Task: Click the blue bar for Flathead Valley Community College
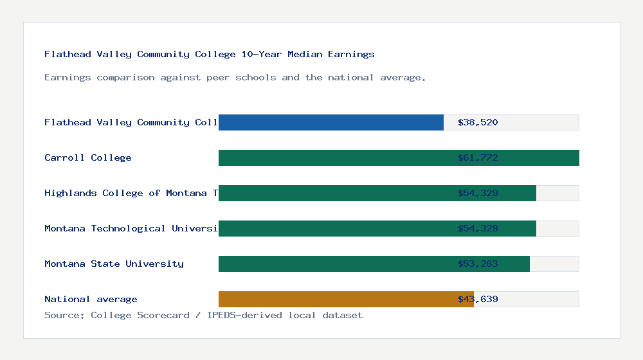click(x=331, y=122)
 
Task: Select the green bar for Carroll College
click(x=334, y=157)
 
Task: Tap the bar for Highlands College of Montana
click(x=334, y=193)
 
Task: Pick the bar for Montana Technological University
click(x=334, y=228)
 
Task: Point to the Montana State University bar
click(x=334, y=264)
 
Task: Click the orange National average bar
click(x=334, y=299)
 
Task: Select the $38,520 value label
click(x=478, y=122)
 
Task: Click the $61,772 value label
click(x=478, y=157)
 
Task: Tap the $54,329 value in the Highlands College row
click(x=478, y=193)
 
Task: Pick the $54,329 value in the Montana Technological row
click(x=478, y=228)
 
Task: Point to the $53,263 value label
click(x=478, y=264)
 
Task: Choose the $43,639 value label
click(x=478, y=299)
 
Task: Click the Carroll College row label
click(x=88, y=157)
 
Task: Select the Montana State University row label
click(x=114, y=264)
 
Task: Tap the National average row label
click(x=91, y=299)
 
